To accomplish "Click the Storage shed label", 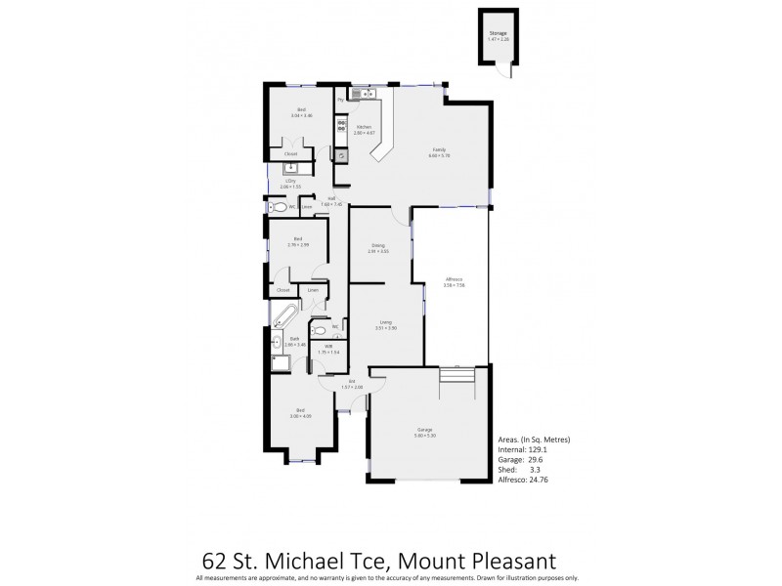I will click(499, 34).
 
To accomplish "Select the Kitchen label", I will click(363, 129).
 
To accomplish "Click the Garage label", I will click(425, 431).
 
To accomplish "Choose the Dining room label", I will click(377, 247).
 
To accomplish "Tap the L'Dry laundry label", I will click(290, 182).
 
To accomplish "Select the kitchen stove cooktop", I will click(341, 125).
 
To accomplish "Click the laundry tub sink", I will click(278, 168).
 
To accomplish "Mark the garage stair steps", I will click(454, 376).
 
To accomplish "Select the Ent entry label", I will click(350, 383).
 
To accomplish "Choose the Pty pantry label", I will click(340, 100).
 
